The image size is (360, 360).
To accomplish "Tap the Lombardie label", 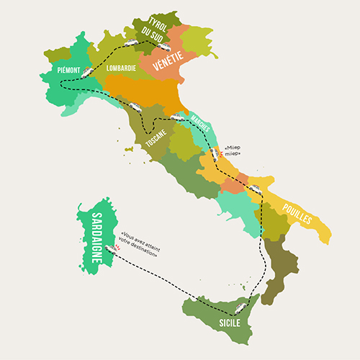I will point(120,69).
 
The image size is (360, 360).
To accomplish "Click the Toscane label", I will point(160,138).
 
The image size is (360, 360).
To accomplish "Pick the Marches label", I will point(200,123).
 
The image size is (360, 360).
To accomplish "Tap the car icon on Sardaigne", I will point(109,248).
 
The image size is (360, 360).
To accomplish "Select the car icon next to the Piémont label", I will point(86,71).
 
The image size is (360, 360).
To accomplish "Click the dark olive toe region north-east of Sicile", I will point(279,266).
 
